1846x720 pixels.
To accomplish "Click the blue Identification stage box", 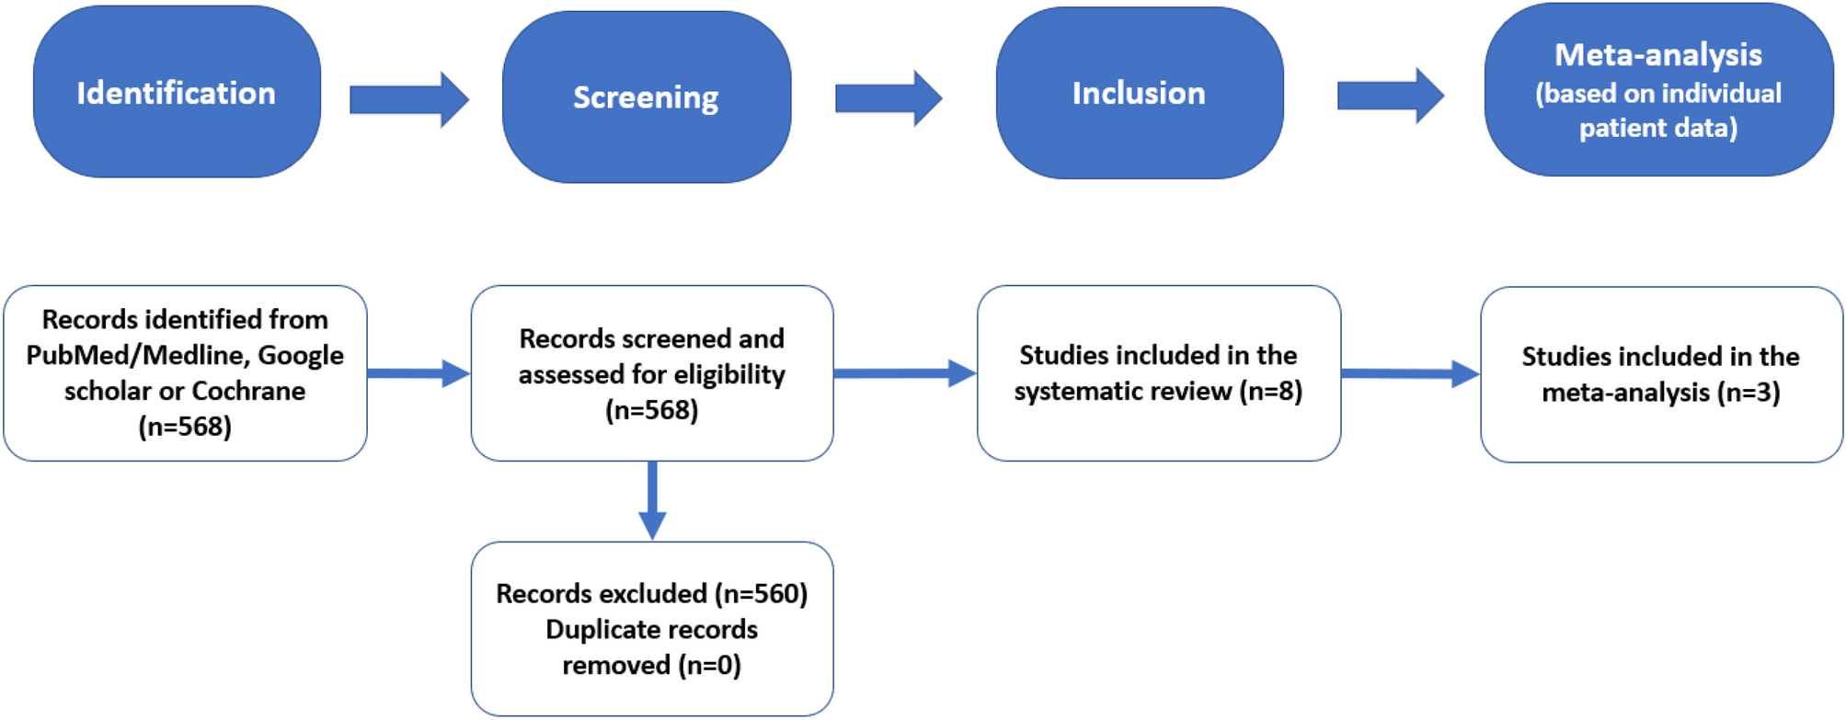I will (x=177, y=92).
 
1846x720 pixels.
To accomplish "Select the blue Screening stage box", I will (x=646, y=97).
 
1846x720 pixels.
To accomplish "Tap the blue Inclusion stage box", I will (x=1139, y=92).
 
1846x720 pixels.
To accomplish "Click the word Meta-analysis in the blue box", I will (x=1657, y=55).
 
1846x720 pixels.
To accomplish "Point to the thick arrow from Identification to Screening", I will (x=409, y=98).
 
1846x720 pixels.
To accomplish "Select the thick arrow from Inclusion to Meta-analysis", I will (x=1390, y=95).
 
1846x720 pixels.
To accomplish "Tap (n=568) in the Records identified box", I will (x=185, y=427).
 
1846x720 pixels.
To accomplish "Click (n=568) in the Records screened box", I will (x=651, y=410).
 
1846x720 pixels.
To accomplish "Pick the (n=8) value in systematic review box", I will (x=1270, y=392).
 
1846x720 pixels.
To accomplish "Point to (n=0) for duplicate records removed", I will (x=709, y=665).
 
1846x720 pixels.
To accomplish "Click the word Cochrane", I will (x=248, y=391).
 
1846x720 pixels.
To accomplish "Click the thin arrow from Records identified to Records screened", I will (x=419, y=373).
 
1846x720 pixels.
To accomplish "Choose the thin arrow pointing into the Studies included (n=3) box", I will (x=1410, y=373).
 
